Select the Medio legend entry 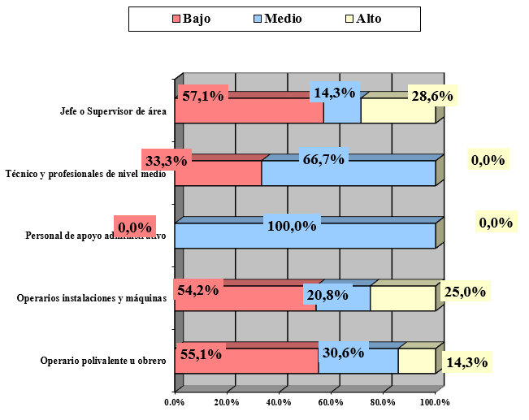277,19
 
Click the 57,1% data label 202,96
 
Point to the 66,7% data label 323,158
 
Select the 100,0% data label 292,226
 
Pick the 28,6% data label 431,96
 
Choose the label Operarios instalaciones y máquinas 92,298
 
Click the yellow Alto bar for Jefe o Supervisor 397,111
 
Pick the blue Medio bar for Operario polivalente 358,363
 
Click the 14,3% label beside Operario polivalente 467,362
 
